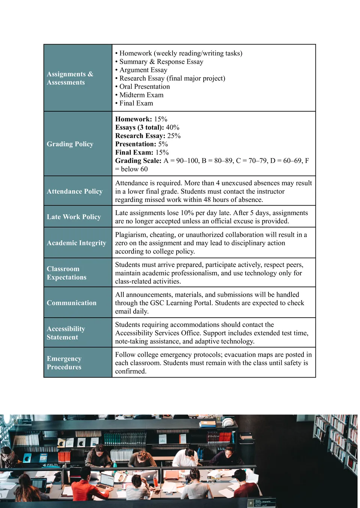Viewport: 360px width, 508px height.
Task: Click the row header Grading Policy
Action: [70, 144]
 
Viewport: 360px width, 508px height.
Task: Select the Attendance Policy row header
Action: [74, 191]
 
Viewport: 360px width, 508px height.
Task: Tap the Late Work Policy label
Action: [73, 217]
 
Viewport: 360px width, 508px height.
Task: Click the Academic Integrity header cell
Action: [76, 243]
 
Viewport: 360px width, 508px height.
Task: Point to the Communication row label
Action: [71, 303]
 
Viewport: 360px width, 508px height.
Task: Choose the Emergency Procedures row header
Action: [64, 363]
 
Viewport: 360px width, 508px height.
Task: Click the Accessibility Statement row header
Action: [66, 333]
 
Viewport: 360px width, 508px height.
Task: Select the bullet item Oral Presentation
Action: [144, 87]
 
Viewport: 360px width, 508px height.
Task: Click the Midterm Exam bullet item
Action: [141, 95]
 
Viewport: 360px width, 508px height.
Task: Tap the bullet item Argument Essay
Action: [143, 70]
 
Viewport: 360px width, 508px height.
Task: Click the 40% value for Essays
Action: [172, 127]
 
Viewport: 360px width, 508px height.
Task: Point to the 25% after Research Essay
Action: [174, 136]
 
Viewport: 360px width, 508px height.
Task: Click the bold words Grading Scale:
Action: [138, 161]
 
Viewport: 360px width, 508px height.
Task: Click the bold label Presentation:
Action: [135, 144]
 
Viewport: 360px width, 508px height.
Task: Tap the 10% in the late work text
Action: [187, 213]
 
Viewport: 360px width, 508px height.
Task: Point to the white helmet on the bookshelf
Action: [228, 422]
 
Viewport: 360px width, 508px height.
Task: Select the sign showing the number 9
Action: [251, 503]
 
